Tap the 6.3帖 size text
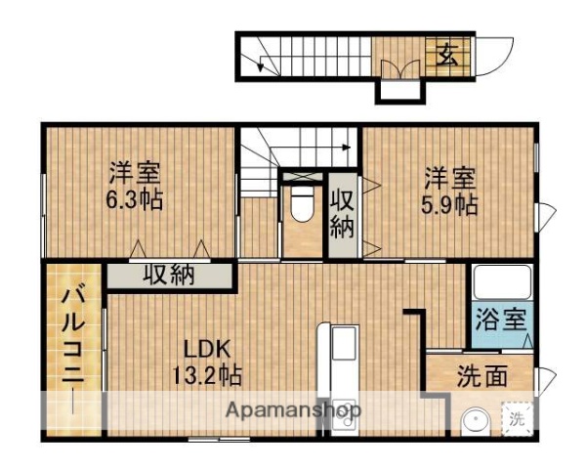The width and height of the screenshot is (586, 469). pyautogui.click(x=135, y=200)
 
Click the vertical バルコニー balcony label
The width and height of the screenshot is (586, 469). pyautogui.click(x=74, y=347)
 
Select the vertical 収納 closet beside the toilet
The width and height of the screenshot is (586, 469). pyautogui.click(x=341, y=214)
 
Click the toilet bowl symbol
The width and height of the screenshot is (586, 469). pyautogui.click(x=301, y=207)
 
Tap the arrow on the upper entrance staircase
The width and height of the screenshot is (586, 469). pyautogui.click(x=262, y=66)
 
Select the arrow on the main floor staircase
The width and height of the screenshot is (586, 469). pyautogui.click(x=346, y=148)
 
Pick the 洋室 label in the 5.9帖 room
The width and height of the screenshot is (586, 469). pyautogui.click(x=449, y=179)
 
